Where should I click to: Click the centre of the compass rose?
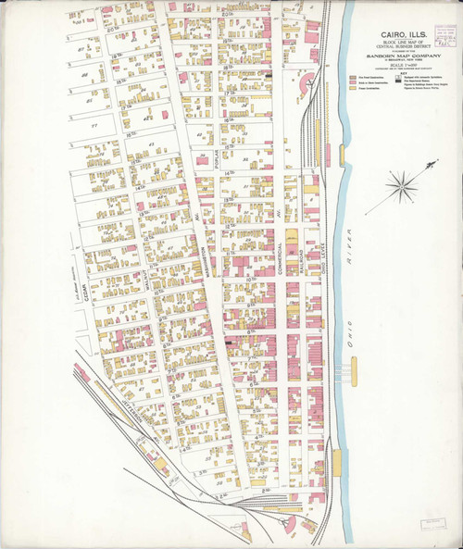coord(401,192)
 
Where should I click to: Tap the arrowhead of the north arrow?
coord(433,164)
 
